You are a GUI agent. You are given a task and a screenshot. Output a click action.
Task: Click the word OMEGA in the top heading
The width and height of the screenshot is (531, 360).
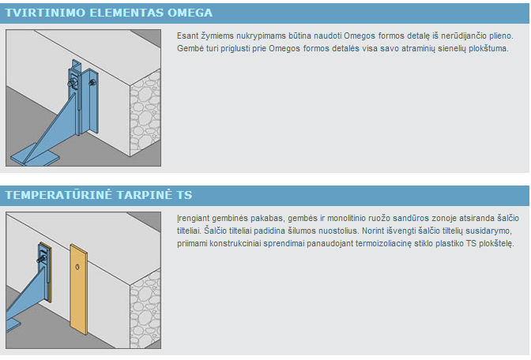coord(190,13)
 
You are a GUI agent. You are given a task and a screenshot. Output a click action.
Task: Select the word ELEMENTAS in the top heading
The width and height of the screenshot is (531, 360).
coord(126,13)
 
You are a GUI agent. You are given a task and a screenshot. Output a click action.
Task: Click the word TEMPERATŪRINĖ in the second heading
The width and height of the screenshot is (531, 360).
coord(58,194)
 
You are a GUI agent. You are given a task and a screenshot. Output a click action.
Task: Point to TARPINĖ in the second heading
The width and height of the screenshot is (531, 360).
coord(145,195)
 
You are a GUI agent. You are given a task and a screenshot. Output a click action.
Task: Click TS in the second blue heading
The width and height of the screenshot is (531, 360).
coord(184,195)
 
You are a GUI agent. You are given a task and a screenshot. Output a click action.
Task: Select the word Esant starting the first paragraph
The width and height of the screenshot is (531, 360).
coord(187,36)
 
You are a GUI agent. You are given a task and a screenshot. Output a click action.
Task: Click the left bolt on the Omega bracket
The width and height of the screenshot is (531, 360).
coord(73,84)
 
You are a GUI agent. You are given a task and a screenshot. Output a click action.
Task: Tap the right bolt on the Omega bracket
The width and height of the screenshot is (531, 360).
coord(92,82)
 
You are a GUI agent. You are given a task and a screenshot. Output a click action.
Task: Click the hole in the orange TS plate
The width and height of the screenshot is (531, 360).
coord(77,267)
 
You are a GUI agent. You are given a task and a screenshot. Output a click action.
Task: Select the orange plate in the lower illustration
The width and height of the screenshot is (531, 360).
coord(78,290)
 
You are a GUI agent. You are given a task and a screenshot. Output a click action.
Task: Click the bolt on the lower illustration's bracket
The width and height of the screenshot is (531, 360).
coord(42,259)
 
